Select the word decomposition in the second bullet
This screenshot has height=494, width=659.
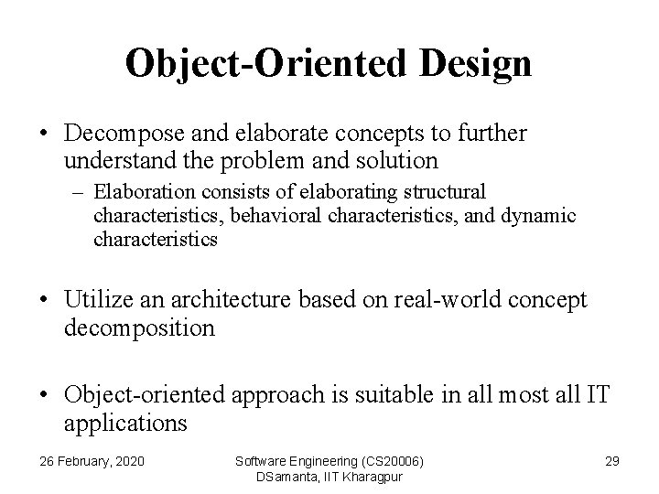tap(139, 328)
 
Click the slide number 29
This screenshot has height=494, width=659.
tap(611, 460)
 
